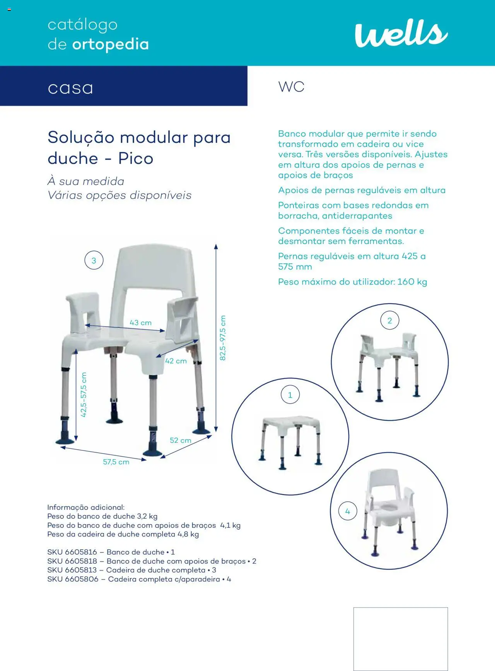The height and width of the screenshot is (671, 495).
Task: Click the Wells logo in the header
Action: tap(401, 34)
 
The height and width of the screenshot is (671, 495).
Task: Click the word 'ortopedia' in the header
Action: tap(110, 45)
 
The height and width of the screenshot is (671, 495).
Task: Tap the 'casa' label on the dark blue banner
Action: tap(70, 88)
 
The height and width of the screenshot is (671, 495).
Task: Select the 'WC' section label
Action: tap(291, 87)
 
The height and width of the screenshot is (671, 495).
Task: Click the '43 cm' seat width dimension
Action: tap(140, 323)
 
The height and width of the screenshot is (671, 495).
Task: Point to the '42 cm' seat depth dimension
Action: tap(176, 361)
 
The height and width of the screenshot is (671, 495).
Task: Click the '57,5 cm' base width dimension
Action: tap(116, 462)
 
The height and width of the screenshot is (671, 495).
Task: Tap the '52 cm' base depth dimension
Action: tap(180, 440)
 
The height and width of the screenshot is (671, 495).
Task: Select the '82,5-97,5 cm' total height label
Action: tap(222, 338)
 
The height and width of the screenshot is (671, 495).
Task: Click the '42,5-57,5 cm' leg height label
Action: tap(84, 394)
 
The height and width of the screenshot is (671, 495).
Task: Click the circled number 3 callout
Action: tap(94, 261)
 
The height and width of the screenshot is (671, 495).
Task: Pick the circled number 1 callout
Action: tap(290, 395)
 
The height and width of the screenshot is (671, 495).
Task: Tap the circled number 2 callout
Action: tap(390, 321)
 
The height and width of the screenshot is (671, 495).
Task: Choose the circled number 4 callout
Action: tap(347, 511)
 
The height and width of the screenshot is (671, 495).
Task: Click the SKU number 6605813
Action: tap(81, 570)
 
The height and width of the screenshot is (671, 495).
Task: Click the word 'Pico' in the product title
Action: tap(136, 158)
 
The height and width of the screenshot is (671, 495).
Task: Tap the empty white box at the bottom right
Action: tap(400, 639)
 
